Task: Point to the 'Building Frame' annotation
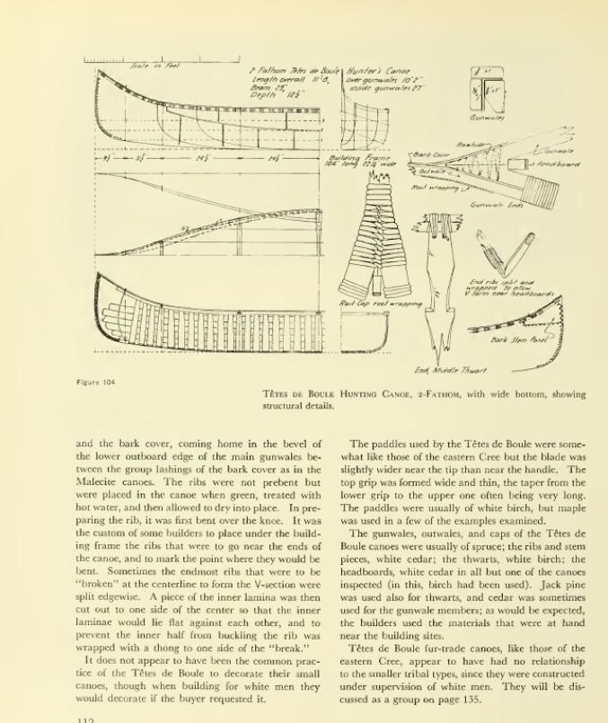pyautogui.click(x=348, y=161)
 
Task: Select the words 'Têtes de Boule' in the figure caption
pyautogui.click(x=298, y=393)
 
